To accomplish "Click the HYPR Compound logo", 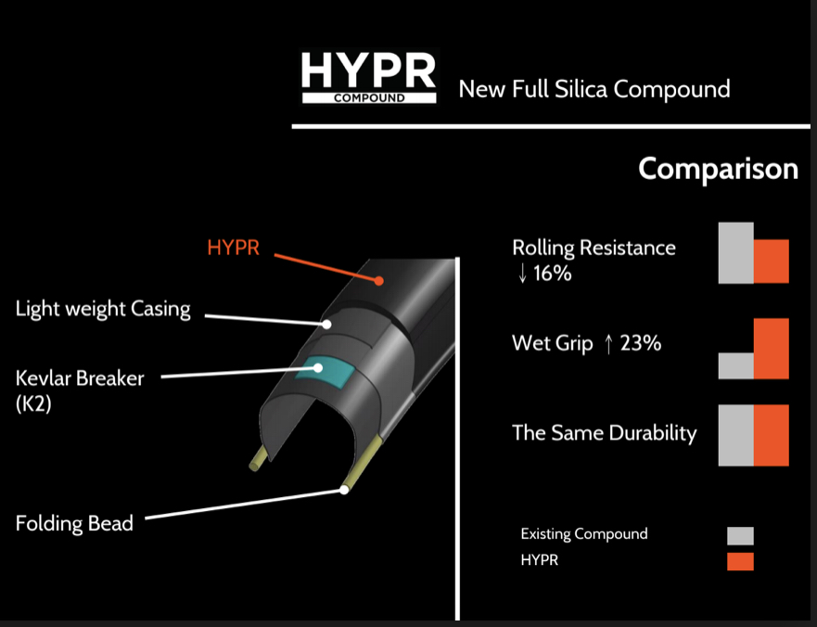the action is point(369,77).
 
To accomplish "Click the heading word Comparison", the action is point(718,169).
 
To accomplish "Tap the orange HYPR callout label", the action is point(233,248).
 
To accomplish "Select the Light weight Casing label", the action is point(103,309).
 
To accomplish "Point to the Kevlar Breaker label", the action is point(80,390).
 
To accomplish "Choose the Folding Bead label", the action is point(74,523).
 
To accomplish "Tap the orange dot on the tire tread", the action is point(378,281).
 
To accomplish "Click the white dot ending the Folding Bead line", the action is point(344,490).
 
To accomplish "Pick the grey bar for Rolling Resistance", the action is point(735,253).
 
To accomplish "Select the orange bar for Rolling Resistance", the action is point(772,262).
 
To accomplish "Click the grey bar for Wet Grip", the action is point(735,365).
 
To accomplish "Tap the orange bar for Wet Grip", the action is point(772,349).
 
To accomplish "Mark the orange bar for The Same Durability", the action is point(772,435).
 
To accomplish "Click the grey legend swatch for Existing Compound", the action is point(740,536).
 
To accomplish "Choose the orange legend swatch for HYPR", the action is point(740,562).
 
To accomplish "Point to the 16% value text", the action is point(553,273).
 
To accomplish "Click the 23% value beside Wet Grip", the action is point(641,343).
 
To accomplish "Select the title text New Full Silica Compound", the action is point(594,89).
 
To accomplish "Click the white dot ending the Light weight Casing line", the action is point(326,325).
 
